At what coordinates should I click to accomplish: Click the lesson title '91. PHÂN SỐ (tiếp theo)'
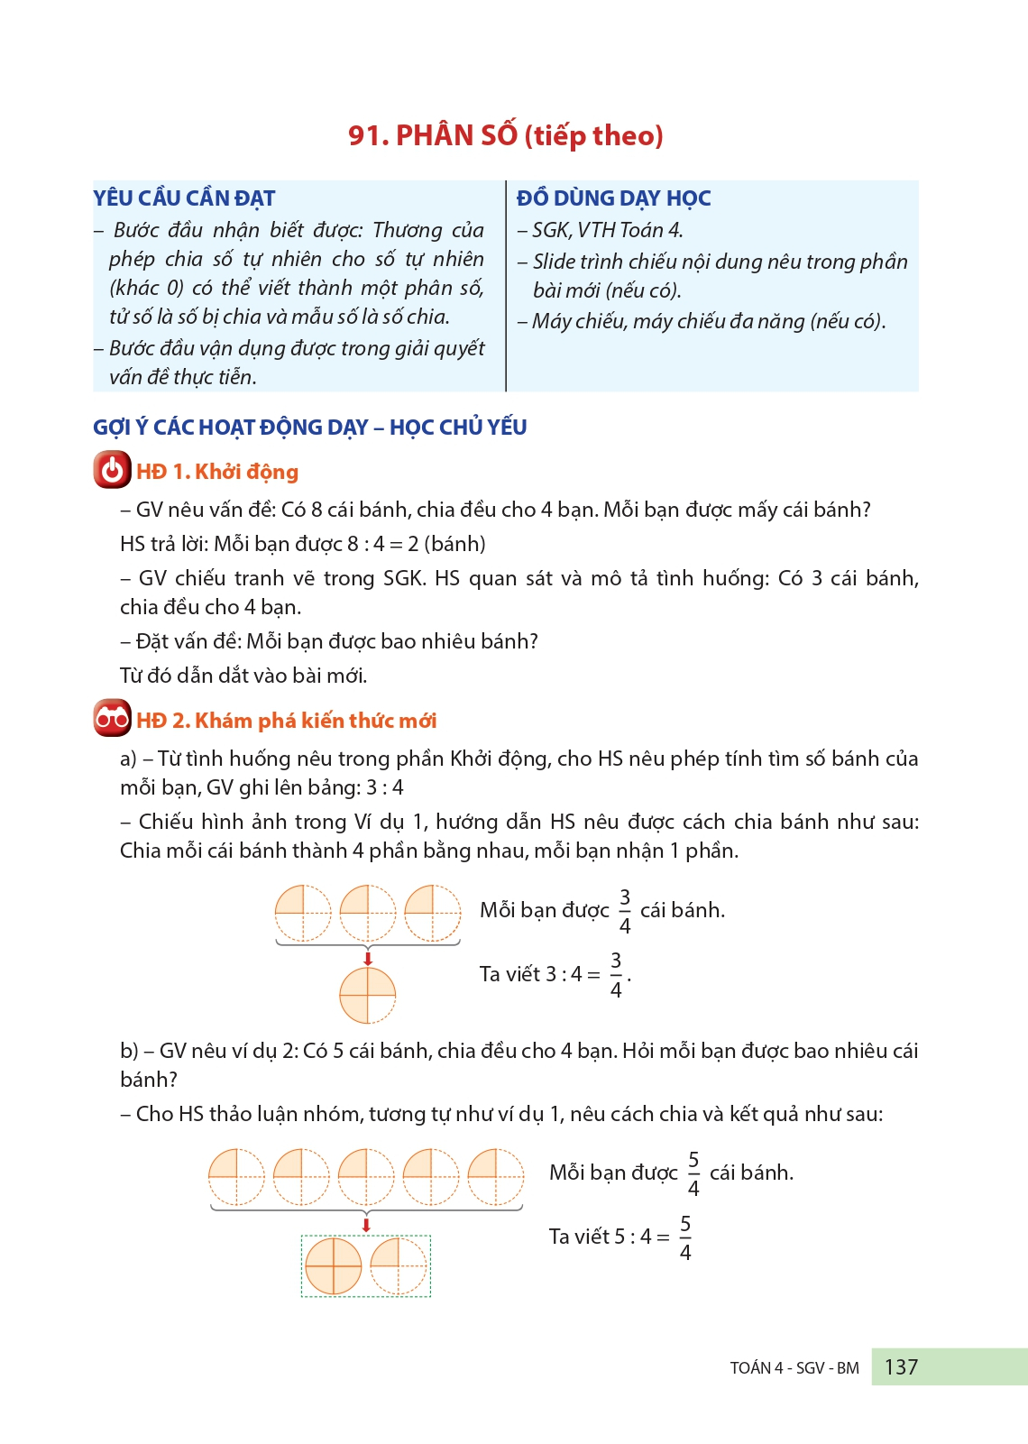506,135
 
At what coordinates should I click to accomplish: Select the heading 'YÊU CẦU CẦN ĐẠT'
184,198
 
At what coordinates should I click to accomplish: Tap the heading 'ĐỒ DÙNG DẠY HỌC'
613,198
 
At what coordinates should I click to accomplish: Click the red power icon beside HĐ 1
113,471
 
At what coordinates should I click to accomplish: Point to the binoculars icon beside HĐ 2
113,719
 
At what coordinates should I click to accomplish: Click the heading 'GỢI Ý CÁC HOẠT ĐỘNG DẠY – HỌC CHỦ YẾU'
309,428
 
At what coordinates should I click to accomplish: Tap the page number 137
901,1367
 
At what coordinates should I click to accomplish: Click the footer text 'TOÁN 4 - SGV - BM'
794,1368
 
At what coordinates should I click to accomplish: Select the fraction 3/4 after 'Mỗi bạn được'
624,911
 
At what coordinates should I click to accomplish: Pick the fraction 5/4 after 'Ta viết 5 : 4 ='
685,1237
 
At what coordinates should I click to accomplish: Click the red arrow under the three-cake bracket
367,957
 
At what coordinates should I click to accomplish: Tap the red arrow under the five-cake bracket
366,1224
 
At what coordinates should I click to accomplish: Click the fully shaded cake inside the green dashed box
334,1266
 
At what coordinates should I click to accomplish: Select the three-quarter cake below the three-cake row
367,995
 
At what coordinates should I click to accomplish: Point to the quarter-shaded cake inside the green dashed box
398,1266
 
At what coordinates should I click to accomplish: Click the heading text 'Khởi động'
246,472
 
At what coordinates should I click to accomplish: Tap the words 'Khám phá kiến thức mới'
316,721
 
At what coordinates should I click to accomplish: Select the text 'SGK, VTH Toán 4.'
607,231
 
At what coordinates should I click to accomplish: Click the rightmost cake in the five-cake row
496,1177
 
